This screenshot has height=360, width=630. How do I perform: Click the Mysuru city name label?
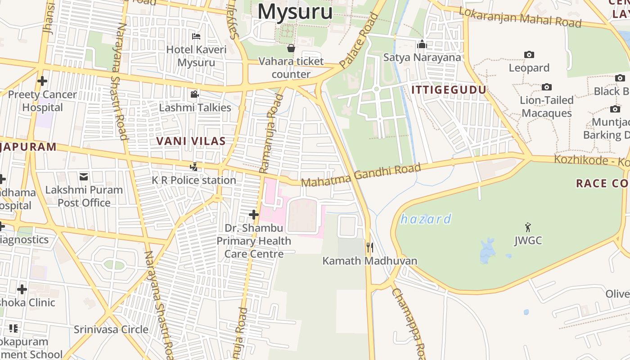[295, 11]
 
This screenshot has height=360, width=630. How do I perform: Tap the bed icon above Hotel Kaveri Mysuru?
[196, 36]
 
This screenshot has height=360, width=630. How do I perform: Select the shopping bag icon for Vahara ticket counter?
[291, 48]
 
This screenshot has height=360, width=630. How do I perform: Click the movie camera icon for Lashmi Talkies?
[194, 94]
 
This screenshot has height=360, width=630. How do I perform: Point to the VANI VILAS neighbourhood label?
[191, 141]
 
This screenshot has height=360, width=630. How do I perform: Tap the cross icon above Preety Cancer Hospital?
[42, 81]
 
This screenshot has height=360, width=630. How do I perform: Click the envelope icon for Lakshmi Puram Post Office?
[84, 176]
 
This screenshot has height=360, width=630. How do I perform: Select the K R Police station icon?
[194, 166]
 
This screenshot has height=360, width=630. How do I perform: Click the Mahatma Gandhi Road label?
[361, 175]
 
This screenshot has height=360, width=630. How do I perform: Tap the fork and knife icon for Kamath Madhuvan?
[370, 247]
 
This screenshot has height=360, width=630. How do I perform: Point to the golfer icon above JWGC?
[528, 227]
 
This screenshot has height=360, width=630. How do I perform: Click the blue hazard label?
[426, 219]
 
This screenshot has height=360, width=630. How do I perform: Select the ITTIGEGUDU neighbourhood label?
[449, 90]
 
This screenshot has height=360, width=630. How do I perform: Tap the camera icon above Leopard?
[529, 54]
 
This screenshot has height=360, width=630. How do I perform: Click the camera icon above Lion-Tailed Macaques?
[547, 87]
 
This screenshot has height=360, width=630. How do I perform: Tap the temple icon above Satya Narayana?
[422, 44]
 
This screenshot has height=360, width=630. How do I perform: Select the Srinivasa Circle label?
[111, 329]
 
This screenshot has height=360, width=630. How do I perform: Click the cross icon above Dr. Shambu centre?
[254, 215]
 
